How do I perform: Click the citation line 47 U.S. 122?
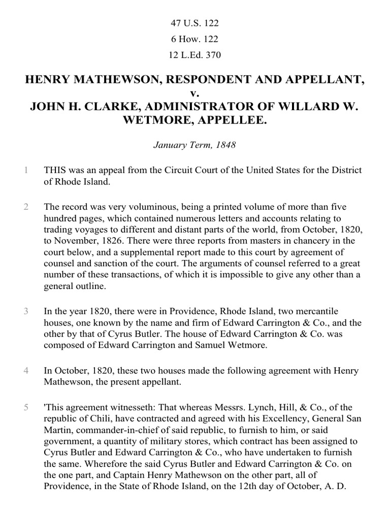(194, 23)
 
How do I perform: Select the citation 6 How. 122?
(194, 39)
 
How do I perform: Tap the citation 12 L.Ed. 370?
(194, 55)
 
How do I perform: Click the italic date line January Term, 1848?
(194, 145)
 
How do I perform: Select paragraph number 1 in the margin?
(26, 171)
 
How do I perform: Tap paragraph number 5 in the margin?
(26, 408)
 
